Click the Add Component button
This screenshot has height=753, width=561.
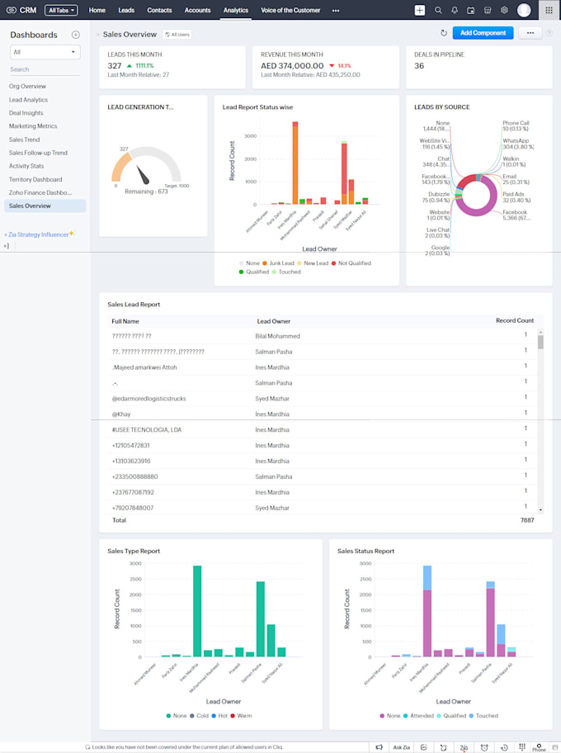point(483,33)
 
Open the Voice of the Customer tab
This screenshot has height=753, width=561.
point(290,10)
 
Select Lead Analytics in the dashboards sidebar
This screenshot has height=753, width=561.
point(28,100)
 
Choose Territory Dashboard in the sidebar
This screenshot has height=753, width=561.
point(35,179)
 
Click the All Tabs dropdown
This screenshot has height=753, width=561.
point(61,11)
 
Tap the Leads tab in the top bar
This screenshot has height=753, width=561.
point(126,10)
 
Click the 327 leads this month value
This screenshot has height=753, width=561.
point(115,65)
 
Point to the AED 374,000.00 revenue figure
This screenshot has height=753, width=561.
point(292,65)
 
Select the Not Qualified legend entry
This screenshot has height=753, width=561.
point(353,263)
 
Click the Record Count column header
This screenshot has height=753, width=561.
point(514,320)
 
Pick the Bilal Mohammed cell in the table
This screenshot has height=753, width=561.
point(277,336)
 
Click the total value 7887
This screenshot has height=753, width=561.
point(526,521)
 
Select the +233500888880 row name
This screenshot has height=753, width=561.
point(134,476)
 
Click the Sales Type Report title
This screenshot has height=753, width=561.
point(134,551)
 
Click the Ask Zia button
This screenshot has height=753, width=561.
point(401,747)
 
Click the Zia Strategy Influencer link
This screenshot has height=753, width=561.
point(38,234)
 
